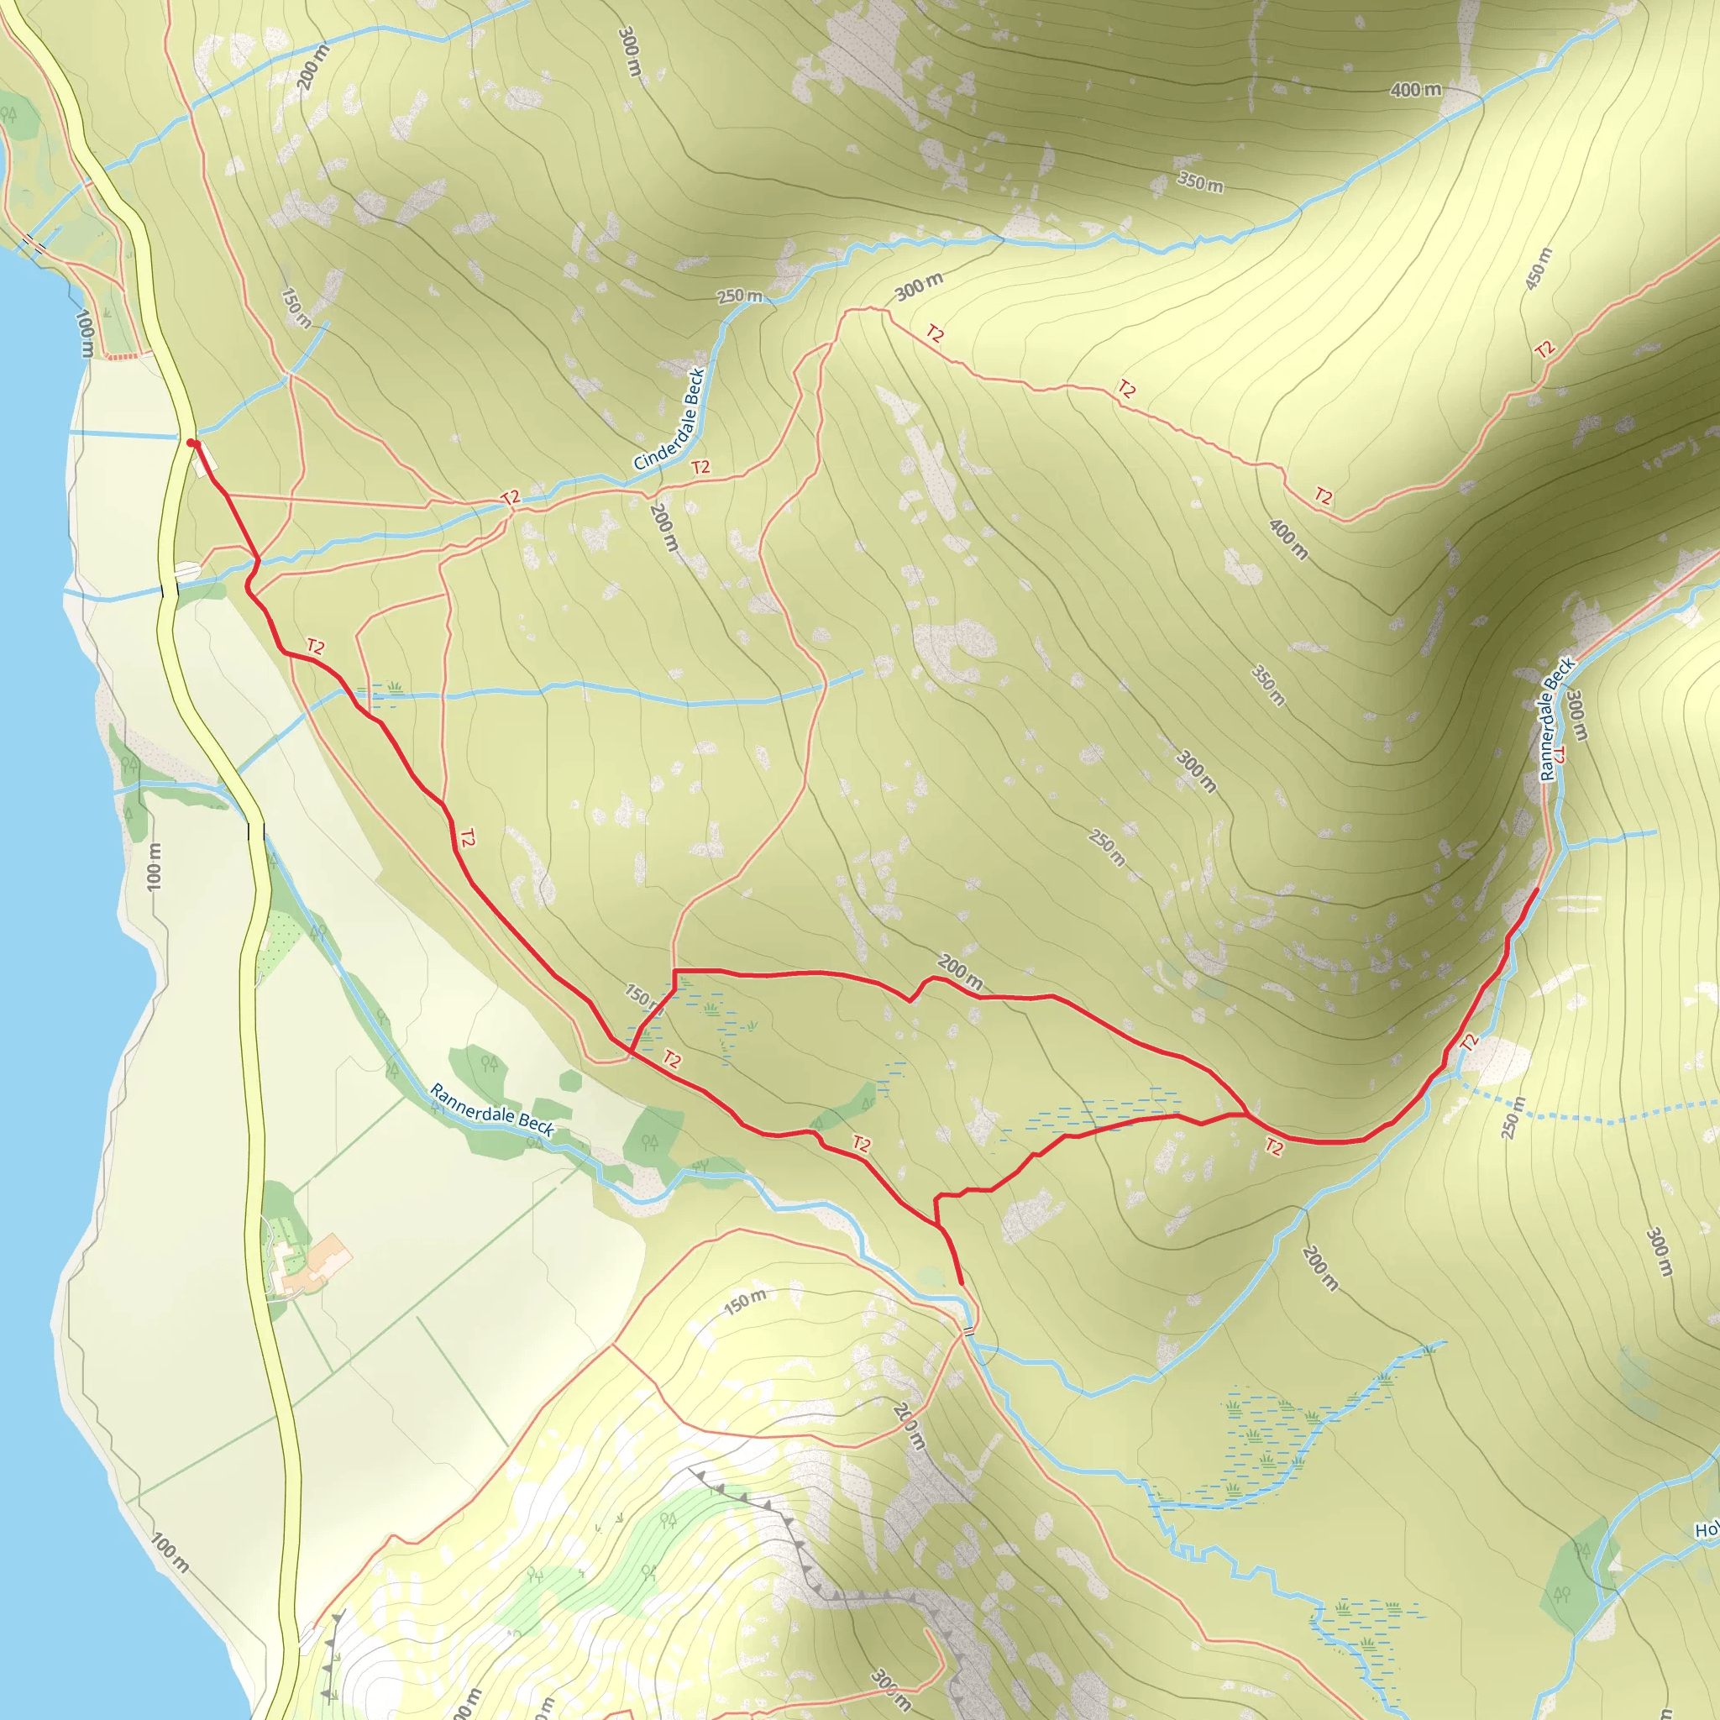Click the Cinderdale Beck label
669,419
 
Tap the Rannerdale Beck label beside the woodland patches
491,1109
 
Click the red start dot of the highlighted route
191,443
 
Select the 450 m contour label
1539,268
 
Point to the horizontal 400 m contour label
1415,90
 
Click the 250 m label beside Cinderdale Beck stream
741,296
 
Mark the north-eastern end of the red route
1538,889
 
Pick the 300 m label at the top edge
628,50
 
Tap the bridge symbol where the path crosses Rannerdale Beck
967,1332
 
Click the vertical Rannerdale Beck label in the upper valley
1557,720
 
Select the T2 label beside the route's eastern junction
1274,1147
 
